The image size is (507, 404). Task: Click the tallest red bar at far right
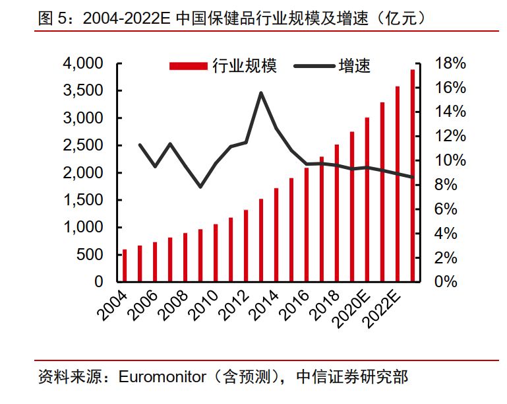tap(413, 176)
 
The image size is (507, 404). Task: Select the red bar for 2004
tap(125, 265)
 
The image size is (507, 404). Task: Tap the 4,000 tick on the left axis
tap(83, 63)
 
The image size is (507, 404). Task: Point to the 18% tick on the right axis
tap(452, 63)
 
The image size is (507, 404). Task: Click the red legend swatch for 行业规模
tap(189, 66)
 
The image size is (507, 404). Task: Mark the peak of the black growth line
tap(260, 93)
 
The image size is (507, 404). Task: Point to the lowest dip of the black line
tap(200, 187)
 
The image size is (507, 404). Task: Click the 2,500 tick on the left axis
tap(83, 145)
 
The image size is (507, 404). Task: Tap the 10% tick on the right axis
tap(452, 160)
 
